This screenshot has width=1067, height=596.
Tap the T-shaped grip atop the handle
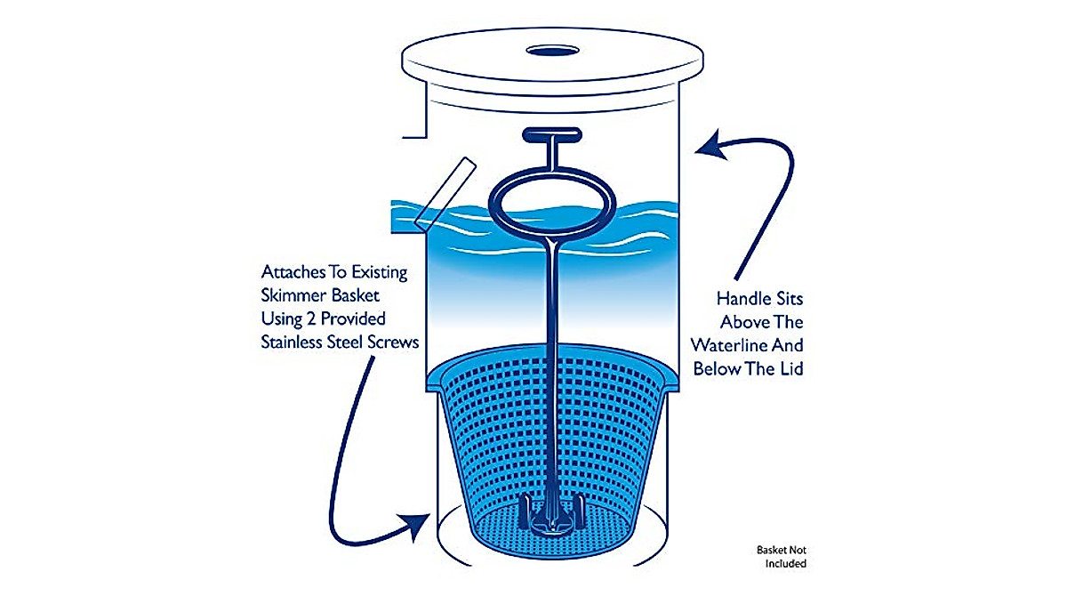tap(551, 136)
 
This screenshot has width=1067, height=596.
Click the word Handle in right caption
tap(739, 300)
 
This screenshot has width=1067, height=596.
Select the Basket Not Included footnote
tap(782, 556)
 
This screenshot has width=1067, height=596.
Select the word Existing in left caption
tap(374, 270)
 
